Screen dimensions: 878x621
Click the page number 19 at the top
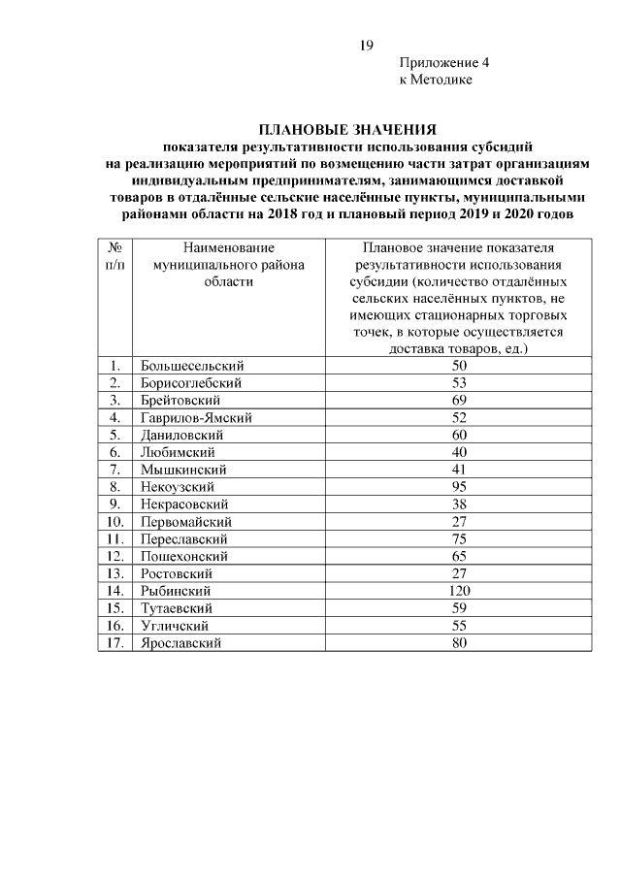pyautogui.click(x=367, y=45)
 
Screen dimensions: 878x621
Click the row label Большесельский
pyautogui.click(x=192, y=365)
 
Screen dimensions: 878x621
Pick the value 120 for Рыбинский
pyautogui.click(x=460, y=591)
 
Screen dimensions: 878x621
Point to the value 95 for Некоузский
pyautogui.click(x=460, y=486)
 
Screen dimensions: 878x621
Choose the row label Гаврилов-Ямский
pyautogui.click(x=197, y=417)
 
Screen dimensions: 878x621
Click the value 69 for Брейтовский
pyautogui.click(x=460, y=400)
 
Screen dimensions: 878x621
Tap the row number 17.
pyautogui.click(x=114, y=642)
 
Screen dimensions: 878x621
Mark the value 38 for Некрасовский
pyautogui.click(x=460, y=504)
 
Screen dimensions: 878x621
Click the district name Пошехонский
pyautogui.click(x=184, y=556)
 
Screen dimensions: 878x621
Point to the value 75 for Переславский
pyautogui.click(x=460, y=538)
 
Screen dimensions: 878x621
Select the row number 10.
pyautogui.click(x=114, y=521)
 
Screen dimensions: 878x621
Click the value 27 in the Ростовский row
pyautogui.click(x=460, y=573)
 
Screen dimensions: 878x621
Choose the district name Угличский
pyautogui.click(x=177, y=626)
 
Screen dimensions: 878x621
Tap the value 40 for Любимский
pyautogui.click(x=460, y=452)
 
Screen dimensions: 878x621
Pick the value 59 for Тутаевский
pyautogui.click(x=460, y=608)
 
